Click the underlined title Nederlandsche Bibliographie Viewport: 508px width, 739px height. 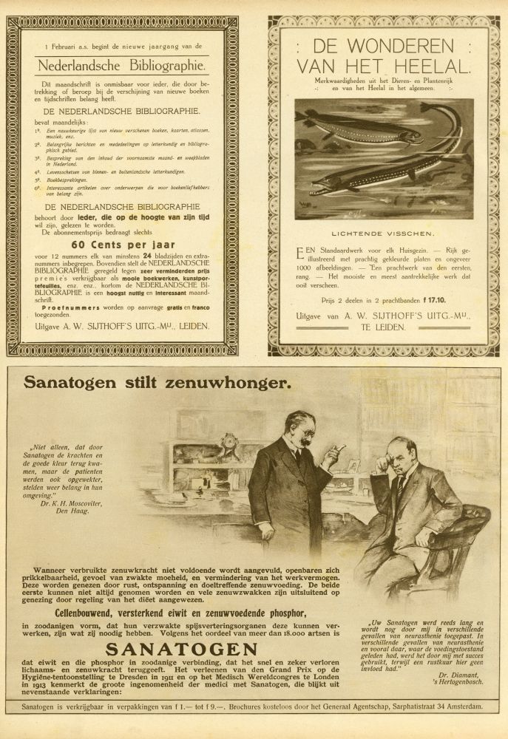pyautogui.click(x=123, y=64)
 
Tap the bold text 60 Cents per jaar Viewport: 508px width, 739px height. pyautogui.click(x=122, y=245)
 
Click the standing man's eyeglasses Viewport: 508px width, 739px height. pyautogui.click(x=303, y=433)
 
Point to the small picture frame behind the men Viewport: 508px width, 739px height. pyautogui.click(x=353, y=465)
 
